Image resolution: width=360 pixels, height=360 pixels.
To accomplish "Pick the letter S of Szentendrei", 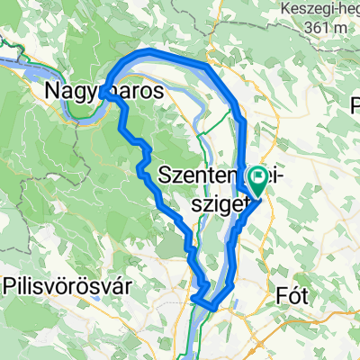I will pos(164,174).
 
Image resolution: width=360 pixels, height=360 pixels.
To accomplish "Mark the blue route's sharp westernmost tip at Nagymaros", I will pos(103,91).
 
